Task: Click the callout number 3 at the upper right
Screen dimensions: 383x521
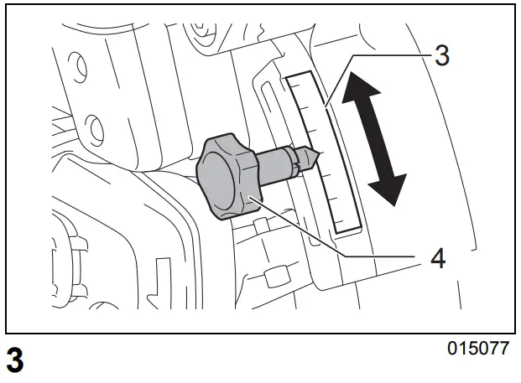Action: click(442, 57)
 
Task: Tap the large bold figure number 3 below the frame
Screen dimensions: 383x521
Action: click(14, 361)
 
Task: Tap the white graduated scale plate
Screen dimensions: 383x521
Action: click(324, 151)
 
